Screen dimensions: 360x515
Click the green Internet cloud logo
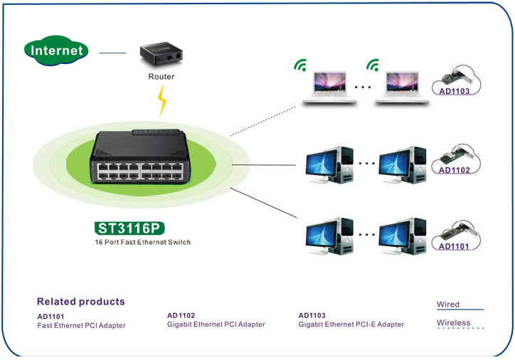(56, 51)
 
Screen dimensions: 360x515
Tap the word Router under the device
(161, 76)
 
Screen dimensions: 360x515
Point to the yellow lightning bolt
(162, 101)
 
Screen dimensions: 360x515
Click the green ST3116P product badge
(129, 228)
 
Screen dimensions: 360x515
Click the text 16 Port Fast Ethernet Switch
(142, 242)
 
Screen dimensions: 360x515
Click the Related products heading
(80, 302)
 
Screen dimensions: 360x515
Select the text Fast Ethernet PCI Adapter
(81, 326)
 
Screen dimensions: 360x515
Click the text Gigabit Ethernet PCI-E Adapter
(351, 324)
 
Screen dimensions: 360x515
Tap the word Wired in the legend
(448, 305)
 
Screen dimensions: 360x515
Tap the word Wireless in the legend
(454, 323)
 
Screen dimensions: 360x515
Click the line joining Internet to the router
(112, 53)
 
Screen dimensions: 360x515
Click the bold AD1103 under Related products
(312, 315)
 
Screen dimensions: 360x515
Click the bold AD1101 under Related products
(51, 317)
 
